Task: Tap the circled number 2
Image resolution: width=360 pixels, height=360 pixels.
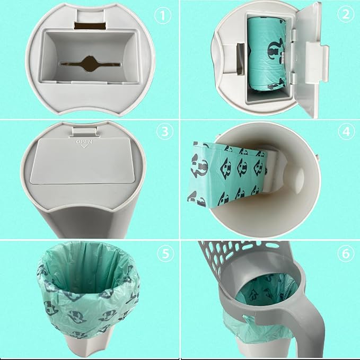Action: pyautogui.click(x=347, y=15)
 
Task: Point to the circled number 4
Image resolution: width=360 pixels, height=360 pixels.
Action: pyautogui.click(x=347, y=133)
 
